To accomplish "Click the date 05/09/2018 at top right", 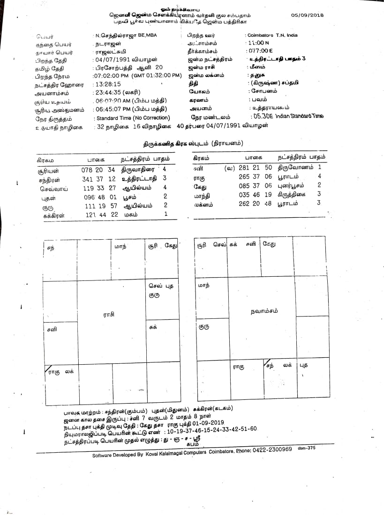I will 307,15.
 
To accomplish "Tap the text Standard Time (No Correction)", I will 132,118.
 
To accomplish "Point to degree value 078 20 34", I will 98,169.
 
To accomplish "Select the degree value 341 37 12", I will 98,178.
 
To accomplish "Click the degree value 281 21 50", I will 255,167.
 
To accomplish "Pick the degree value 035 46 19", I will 255,194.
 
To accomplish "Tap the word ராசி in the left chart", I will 109,316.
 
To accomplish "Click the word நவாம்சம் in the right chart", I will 264,310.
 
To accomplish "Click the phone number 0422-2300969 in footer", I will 271,449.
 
